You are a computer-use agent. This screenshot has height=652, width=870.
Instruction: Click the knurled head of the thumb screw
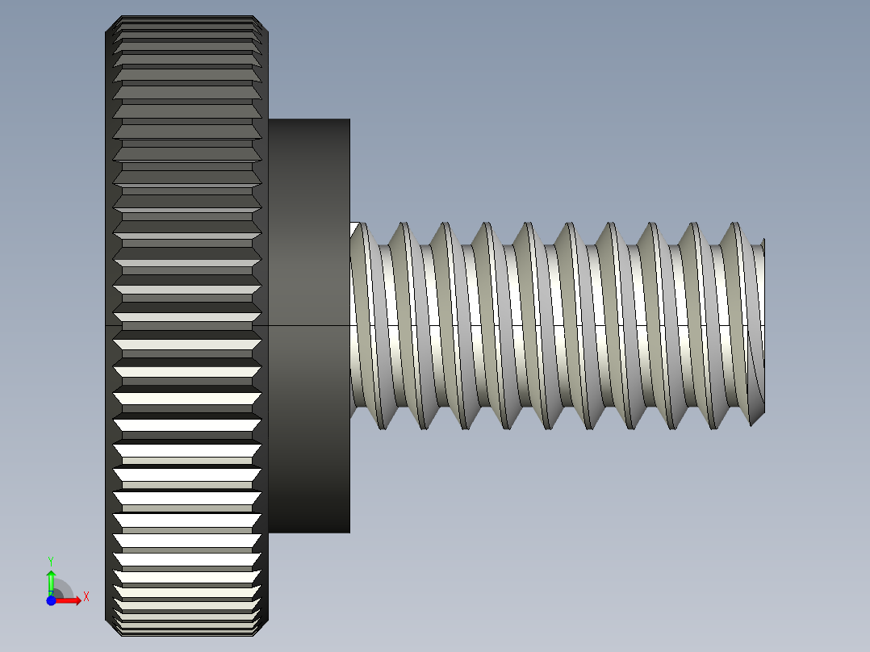coord(186,323)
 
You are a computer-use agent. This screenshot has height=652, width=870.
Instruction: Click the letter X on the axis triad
coord(86,596)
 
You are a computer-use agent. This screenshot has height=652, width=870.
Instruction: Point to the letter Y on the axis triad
coord(50,560)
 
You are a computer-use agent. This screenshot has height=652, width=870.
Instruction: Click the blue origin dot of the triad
coord(51,600)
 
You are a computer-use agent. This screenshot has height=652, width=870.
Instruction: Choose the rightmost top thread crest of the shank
coord(735,225)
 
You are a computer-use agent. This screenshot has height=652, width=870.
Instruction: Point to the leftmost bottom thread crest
coord(382,426)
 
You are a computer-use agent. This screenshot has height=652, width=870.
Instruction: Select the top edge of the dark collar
coord(309,120)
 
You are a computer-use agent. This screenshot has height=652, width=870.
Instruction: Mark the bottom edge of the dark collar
coord(309,532)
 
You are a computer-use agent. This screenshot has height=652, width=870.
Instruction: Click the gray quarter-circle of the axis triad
coord(63,589)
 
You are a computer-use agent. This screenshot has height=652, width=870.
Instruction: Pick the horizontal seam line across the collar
coord(309,325)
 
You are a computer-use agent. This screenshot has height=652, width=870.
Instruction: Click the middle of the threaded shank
coord(557,325)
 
